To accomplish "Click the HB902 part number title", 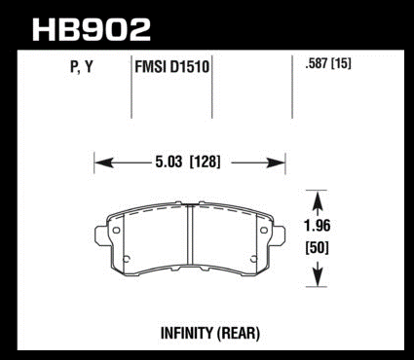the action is click(x=92, y=29).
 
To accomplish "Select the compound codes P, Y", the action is click(x=82, y=67).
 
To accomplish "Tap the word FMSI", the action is click(x=149, y=67).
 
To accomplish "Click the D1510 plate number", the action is click(x=188, y=67).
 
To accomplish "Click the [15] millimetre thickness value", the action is click(x=341, y=63).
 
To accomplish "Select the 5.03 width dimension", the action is click(x=169, y=162).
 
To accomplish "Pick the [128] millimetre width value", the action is click(x=205, y=162).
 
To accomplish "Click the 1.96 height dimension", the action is click(x=317, y=226).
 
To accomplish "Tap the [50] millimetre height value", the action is click(x=317, y=248).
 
